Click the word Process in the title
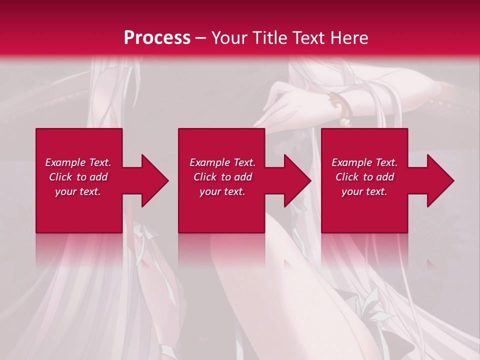point(157,38)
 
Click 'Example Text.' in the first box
point(78,162)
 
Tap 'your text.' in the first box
point(78,191)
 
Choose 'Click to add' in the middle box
point(223,177)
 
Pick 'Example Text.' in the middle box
point(223,162)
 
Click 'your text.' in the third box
point(365,191)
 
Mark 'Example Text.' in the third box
point(365,162)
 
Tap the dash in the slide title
point(201,38)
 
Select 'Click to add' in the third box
point(365,177)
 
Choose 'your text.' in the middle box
point(223,191)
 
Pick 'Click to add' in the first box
point(78,177)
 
